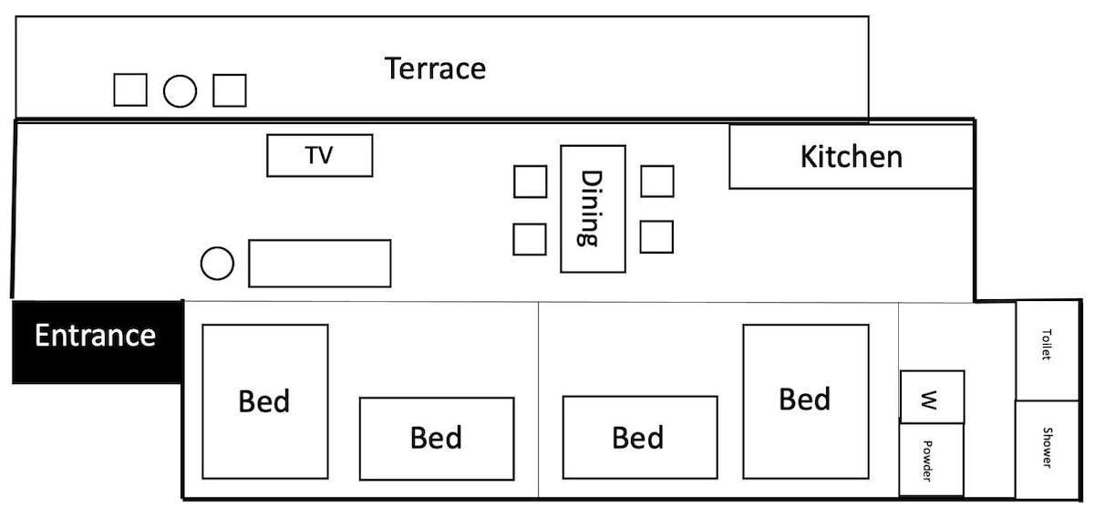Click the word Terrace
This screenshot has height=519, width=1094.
(435, 68)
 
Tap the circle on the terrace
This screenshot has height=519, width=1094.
(180, 90)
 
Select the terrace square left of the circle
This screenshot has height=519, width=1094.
(130, 89)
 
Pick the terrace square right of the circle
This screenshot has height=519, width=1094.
(229, 89)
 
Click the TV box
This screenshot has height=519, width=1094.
(319, 155)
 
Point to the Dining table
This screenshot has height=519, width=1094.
(593, 208)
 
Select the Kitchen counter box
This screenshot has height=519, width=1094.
(851, 157)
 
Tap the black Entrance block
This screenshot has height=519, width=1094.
(96, 340)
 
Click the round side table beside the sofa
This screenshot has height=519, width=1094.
(217, 264)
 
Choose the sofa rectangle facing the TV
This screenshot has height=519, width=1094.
(319, 263)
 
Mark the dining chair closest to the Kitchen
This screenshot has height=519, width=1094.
(656, 181)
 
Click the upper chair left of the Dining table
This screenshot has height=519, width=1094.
(530, 181)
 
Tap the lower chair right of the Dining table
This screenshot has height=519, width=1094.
(656, 236)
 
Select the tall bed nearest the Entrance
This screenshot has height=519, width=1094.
(264, 401)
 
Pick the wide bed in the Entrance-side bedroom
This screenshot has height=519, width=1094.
(436, 438)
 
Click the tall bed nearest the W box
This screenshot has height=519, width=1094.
(805, 401)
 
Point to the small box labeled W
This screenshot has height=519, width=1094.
(932, 397)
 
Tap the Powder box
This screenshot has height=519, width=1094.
(932, 460)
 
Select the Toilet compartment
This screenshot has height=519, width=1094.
(1048, 349)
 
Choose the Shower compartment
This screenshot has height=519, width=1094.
(1048, 449)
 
